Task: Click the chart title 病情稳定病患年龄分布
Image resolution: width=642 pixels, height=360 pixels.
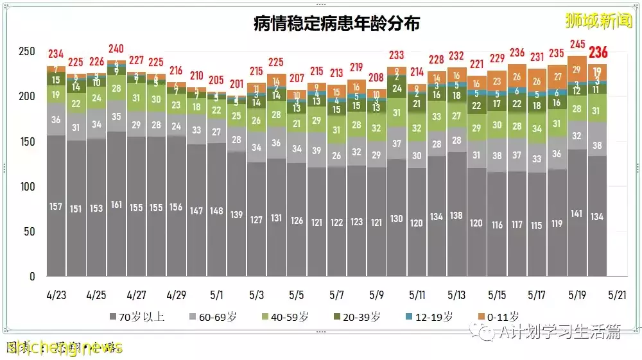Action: click(336, 24)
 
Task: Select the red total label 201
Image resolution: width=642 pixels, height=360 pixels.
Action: click(237, 84)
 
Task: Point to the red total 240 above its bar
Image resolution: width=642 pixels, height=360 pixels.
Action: click(116, 49)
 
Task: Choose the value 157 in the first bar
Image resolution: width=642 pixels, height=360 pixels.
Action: click(56, 207)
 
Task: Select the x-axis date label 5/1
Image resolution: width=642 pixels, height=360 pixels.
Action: click(216, 295)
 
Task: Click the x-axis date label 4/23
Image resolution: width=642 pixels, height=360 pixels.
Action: click(56, 295)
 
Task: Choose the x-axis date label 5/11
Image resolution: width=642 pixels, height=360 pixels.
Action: click(417, 295)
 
